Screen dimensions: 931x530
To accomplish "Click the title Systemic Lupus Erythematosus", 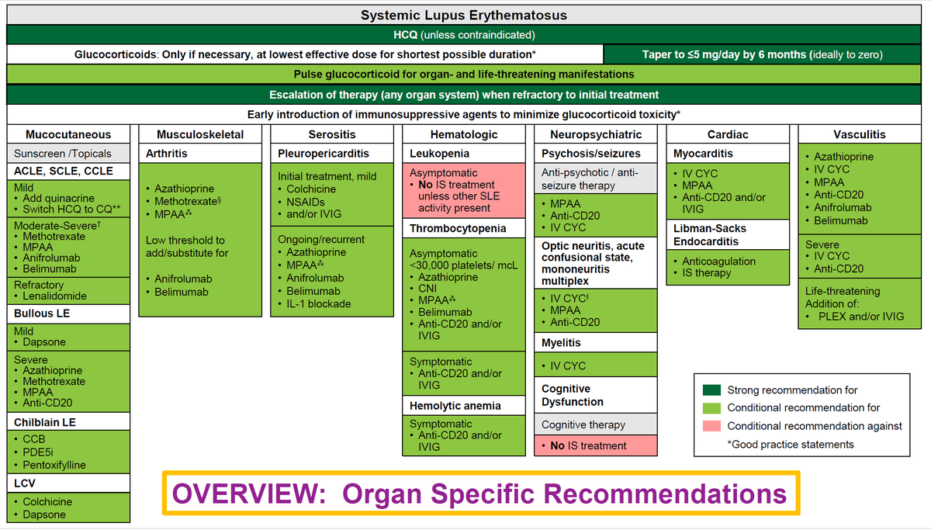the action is click(x=464, y=16).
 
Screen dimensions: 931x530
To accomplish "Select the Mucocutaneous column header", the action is click(x=68, y=134).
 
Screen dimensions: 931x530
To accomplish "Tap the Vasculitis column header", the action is click(x=859, y=134).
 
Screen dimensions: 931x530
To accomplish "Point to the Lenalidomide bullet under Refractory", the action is click(x=54, y=296).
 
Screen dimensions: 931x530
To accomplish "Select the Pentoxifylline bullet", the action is click(x=54, y=465).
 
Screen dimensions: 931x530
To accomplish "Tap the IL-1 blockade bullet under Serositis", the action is click(x=318, y=303).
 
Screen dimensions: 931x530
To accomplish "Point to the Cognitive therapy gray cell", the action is click(x=583, y=424).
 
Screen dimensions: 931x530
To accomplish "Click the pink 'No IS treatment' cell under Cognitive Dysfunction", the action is click(x=588, y=445).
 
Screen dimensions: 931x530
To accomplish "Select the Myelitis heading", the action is click(x=561, y=342).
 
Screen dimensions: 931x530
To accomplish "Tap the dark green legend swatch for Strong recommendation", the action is click(x=711, y=390).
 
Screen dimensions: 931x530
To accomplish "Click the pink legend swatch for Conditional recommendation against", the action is click(x=711, y=426).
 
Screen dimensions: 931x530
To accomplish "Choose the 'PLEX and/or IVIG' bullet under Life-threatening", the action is click(x=859, y=316).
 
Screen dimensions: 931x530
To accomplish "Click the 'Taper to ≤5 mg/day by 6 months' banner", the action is click(x=762, y=54).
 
